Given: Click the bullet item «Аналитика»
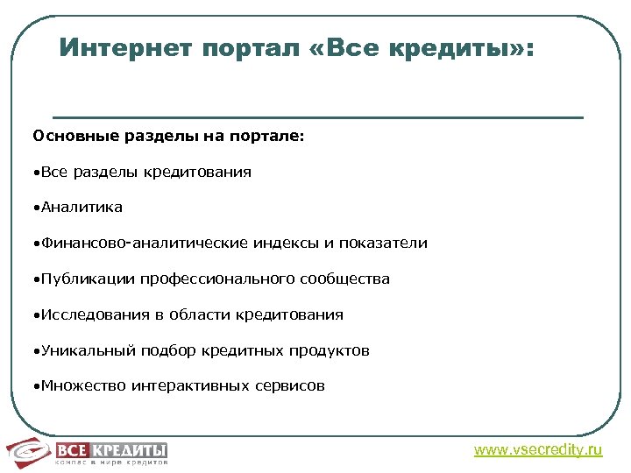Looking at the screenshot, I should point(78,208).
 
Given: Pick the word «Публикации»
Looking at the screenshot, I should point(77,279).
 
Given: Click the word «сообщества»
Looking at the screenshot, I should point(344,279).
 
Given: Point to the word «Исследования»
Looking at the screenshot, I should point(84,314).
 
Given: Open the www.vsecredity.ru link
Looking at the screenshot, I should point(538,450).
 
